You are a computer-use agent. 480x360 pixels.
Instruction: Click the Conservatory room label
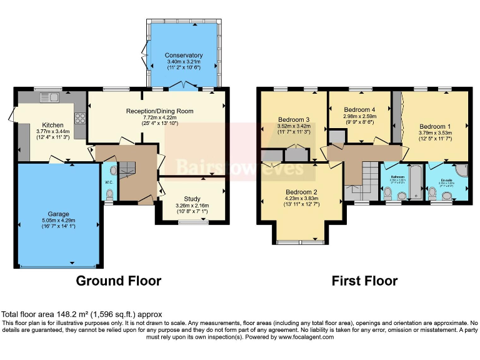pos(184,54)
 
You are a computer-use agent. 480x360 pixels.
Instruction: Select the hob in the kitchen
pos(80,117)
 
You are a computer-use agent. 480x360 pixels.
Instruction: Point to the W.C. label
pos(109,182)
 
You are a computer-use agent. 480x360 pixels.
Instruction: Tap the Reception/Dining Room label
pos(159,111)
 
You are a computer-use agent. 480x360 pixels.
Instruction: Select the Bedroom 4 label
pos(359,109)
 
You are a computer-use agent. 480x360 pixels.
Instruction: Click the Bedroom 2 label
pos(302,192)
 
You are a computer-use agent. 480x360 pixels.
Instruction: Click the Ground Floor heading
pos(118,281)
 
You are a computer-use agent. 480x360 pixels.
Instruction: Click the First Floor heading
pos(364,281)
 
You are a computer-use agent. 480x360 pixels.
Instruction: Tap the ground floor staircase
pos(129,169)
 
